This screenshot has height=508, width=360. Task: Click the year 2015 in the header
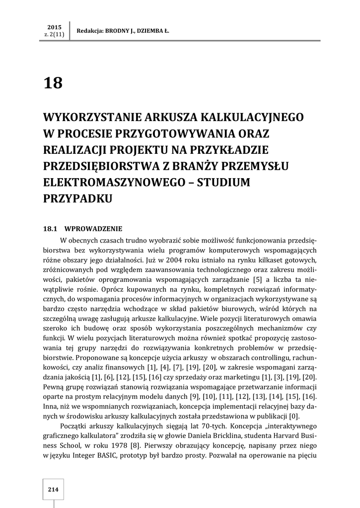54,26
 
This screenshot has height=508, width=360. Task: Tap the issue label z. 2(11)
54,34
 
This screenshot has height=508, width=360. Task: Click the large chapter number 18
54,82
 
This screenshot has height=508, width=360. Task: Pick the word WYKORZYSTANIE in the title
92,118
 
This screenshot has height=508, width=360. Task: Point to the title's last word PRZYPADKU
78,198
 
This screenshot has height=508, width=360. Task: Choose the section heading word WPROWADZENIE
93,229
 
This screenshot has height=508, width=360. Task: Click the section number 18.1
51,229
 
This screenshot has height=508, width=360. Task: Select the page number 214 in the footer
53,490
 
